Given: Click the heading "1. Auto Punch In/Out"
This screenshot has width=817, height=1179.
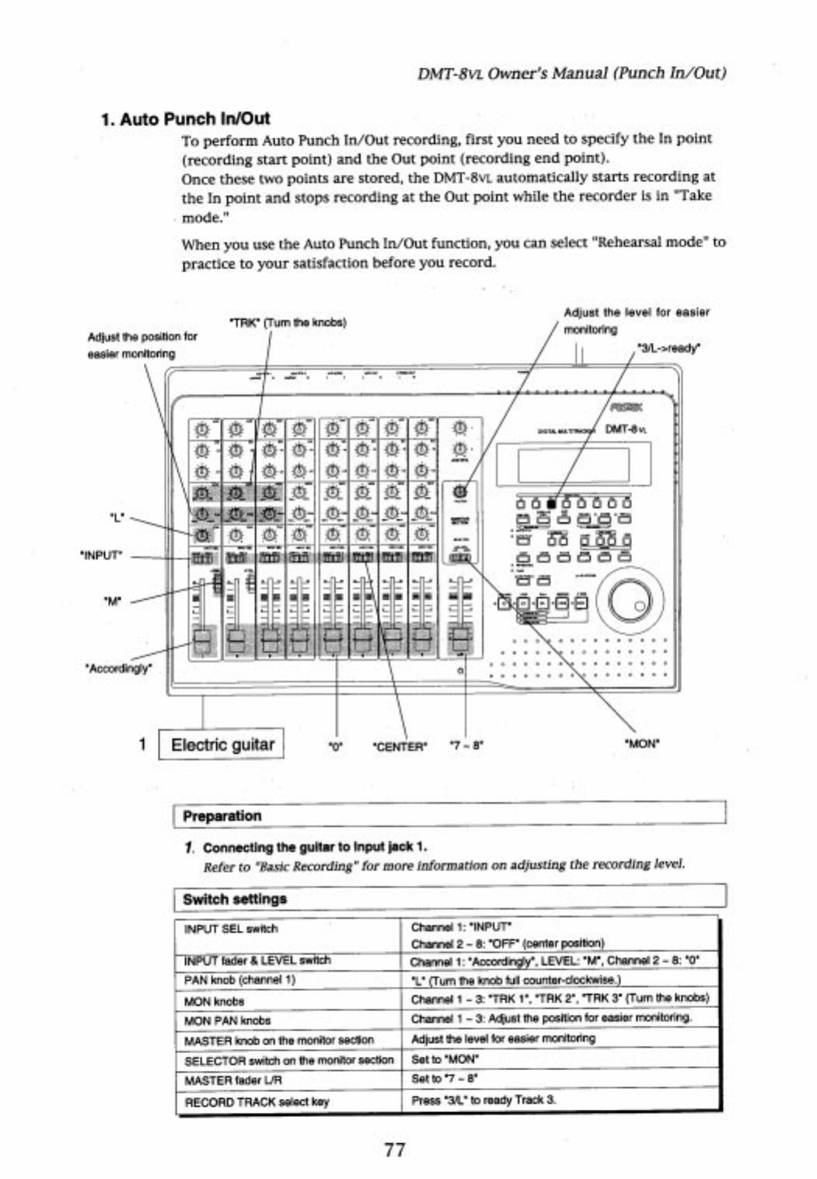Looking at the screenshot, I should tap(186, 119).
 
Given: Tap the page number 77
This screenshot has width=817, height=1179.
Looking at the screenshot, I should tap(395, 1149).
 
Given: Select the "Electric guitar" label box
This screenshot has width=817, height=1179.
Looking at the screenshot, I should tap(222, 745).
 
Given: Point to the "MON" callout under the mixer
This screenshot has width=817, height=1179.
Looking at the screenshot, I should tap(642, 744).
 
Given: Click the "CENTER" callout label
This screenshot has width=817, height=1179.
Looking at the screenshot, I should tap(400, 747).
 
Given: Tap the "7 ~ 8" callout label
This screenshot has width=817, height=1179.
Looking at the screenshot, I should tap(466, 745).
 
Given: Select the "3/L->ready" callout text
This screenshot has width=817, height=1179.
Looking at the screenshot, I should tap(668, 348).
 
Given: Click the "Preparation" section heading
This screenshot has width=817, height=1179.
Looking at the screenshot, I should tap(222, 816).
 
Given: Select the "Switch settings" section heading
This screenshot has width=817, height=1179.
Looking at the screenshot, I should tap(235, 899).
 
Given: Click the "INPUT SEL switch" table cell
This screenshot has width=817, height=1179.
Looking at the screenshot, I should tap(231, 929).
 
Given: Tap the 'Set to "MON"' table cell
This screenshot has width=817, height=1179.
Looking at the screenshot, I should tap(445, 1059).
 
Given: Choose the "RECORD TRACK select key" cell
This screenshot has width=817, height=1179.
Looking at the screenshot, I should tap(257, 1101).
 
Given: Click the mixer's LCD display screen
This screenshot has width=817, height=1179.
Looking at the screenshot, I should tap(573, 466).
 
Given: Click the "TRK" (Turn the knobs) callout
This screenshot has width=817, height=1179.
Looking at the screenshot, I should tap(288, 322).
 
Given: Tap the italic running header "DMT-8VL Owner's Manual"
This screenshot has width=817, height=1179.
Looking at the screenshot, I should tap(571, 73).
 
